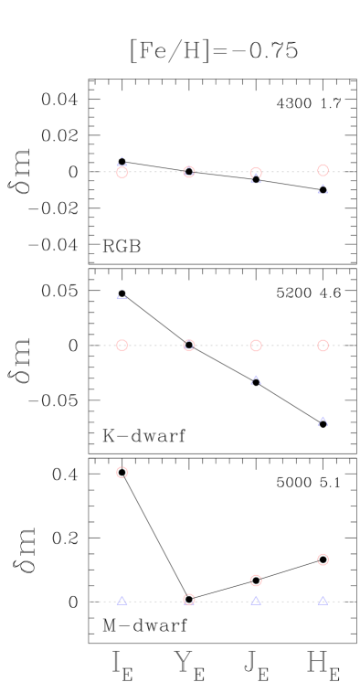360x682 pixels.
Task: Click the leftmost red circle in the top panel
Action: (x=122, y=172)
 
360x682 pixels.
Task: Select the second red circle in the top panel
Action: (x=189, y=172)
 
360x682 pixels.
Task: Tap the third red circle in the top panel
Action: (x=256, y=173)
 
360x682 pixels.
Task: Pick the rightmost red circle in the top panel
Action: (x=323, y=170)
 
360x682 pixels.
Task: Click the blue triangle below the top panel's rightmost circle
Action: (x=323, y=189)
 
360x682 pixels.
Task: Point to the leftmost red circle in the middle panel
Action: (x=122, y=346)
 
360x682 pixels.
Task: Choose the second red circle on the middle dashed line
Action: (x=189, y=346)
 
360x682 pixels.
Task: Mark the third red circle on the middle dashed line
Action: (x=256, y=346)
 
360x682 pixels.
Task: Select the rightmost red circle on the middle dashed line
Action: (x=323, y=346)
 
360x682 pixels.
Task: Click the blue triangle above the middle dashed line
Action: (x=122, y=294)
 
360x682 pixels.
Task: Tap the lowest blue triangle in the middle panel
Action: (x=323, y=421)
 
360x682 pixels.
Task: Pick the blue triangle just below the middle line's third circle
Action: (x=256, y=379)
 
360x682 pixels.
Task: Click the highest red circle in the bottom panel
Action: (x=122, y=473)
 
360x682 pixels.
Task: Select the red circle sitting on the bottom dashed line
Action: (x=189, y=600)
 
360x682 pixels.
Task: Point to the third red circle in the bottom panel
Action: (x=256, y=581)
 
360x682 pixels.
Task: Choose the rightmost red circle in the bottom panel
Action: (x=323, y=559)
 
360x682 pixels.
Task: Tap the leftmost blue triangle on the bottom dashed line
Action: (x=122, y=601)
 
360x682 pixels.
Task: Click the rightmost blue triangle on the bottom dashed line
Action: (x=323, y=601)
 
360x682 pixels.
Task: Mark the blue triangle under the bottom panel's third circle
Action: (x=256, y=601)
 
